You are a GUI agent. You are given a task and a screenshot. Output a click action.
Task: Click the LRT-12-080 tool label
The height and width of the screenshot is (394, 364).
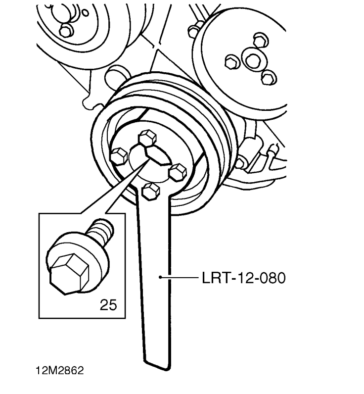pos(244,278)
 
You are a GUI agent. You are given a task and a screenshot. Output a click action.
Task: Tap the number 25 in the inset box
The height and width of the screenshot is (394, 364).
pos(108,305)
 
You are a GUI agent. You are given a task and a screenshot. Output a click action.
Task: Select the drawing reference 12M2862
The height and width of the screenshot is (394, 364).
pos(60,370)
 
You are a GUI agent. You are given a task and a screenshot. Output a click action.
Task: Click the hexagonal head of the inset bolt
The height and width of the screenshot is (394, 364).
pos(69,274)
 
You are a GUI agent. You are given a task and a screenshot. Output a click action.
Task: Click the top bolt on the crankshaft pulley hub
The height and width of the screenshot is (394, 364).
pos(147,137)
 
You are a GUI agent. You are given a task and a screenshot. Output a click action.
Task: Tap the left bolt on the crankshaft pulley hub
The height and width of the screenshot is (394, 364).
pos(119,156)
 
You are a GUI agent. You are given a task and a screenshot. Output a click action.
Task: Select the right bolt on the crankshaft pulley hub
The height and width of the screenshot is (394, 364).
pos(178,172)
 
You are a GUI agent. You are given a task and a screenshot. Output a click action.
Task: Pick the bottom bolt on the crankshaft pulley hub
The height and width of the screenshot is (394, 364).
pos(151,192)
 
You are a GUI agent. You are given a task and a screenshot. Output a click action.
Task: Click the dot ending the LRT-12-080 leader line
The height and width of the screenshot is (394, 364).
pos(160,277)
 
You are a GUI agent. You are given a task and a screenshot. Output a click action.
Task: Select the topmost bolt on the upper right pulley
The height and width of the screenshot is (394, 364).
pos(261,40)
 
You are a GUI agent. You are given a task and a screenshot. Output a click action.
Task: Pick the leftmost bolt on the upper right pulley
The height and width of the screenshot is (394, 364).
pos(232,62)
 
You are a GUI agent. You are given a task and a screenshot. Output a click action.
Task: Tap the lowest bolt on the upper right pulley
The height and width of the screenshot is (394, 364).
pos(269,78)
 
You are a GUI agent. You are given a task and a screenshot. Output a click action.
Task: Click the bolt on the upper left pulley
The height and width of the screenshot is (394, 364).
pos(66,31)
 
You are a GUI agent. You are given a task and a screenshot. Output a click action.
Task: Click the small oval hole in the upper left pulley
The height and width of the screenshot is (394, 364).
pos(86,12)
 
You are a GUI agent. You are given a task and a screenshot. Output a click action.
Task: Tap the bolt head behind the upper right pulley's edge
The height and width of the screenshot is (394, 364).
pos(194,30)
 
